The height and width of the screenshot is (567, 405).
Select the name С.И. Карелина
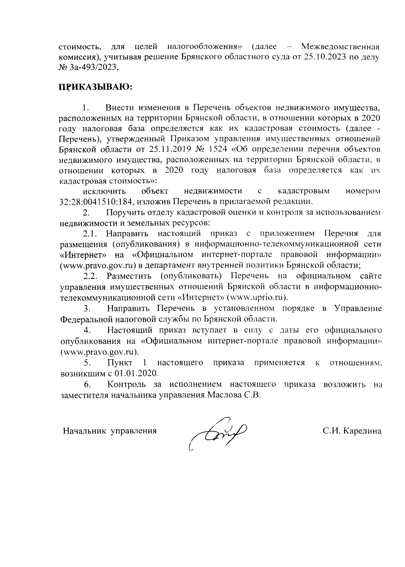(352, 431)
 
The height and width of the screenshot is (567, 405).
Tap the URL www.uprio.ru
(256, 297)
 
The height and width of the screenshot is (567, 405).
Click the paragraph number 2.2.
(90, 276)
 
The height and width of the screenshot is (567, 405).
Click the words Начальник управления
(110, 431)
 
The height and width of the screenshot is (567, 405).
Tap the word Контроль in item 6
(127, 385)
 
